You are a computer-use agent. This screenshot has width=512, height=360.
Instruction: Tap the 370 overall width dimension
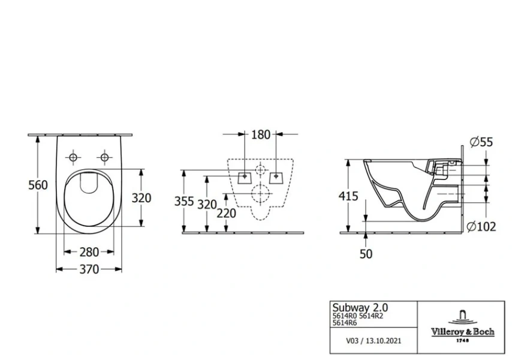click(89, 269)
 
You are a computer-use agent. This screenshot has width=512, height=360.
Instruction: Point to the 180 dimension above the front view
click(261, 134)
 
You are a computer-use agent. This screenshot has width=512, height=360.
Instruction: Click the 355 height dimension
click(184, 202)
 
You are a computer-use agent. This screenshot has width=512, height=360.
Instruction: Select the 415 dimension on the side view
click(348, 196)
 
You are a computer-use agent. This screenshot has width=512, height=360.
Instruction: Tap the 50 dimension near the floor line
click(366, 253)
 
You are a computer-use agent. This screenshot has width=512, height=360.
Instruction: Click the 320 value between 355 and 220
click(206, 204)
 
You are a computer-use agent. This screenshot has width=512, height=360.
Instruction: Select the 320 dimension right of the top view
click(141, 197)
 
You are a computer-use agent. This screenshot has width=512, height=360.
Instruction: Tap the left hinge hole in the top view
click(74, 157)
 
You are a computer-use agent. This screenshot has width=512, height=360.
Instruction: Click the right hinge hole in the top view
click(105, 157)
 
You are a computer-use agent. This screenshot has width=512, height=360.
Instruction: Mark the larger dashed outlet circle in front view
click(261, 194)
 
